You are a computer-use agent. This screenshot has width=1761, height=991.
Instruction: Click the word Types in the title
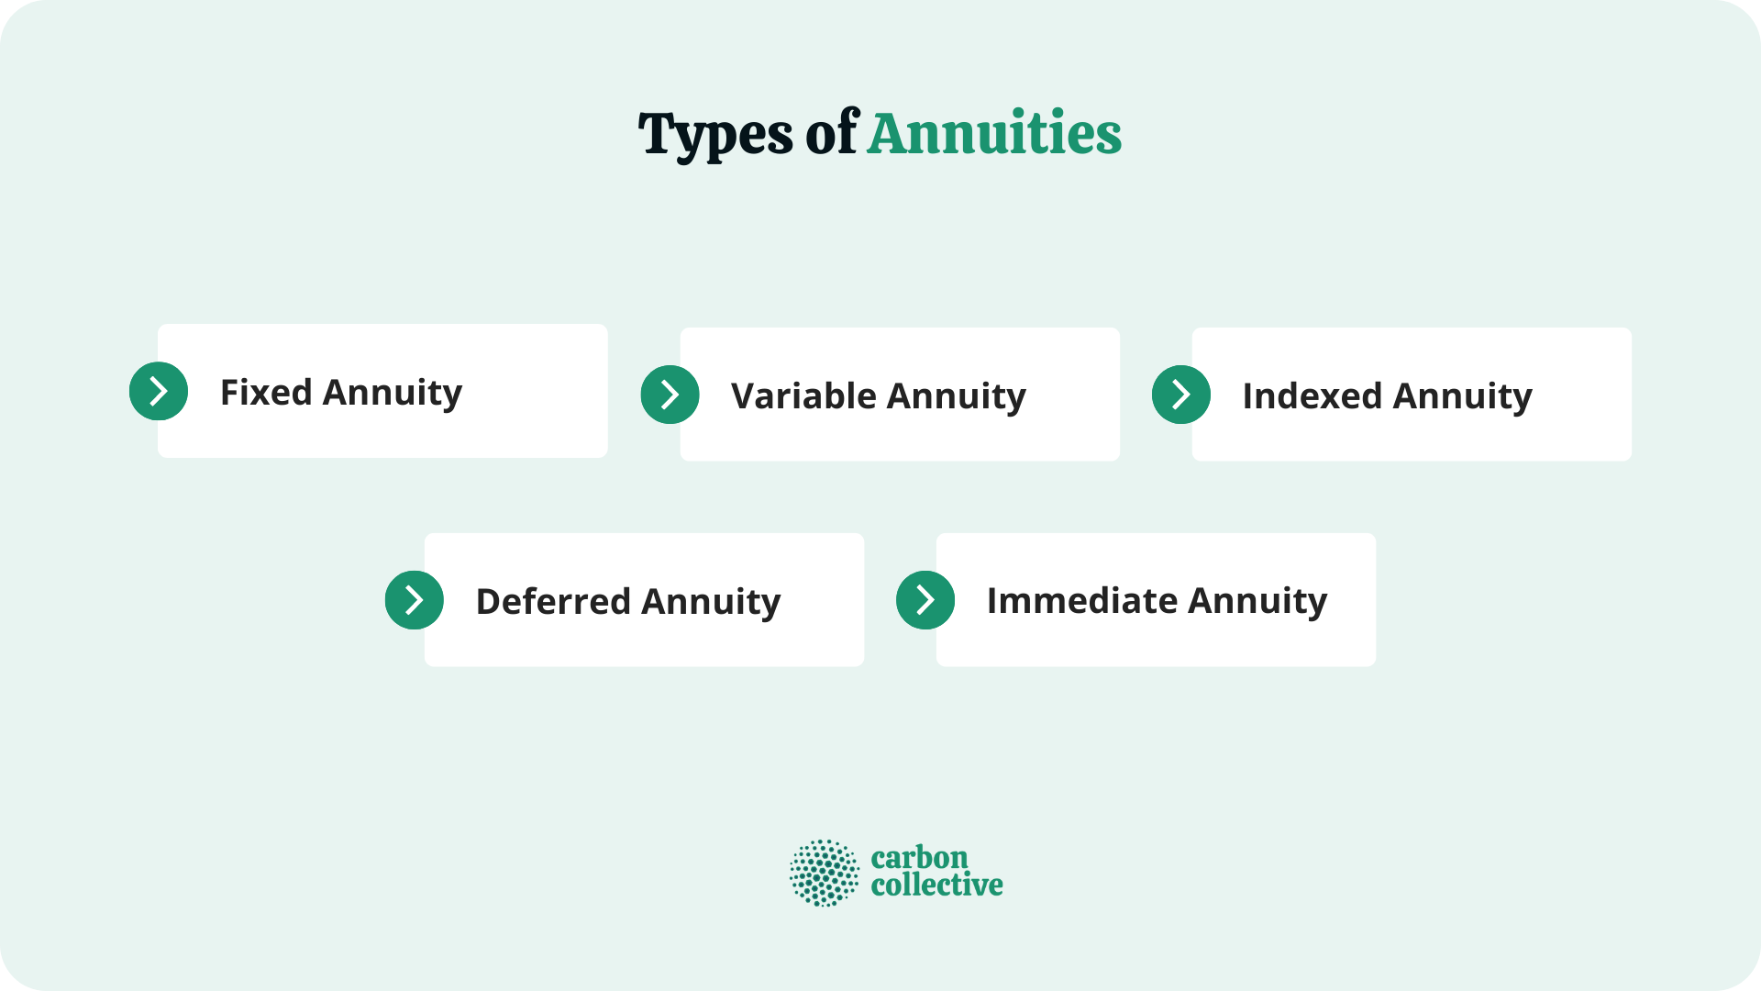[x=715, y=135]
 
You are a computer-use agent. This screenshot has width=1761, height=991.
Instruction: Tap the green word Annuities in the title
[x=994, y=133]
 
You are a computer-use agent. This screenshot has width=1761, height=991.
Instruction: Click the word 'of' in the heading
[x=832, y=133]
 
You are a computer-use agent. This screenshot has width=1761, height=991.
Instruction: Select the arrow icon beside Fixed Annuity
[x=159, y=392]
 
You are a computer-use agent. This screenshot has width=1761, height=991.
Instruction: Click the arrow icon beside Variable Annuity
[x=670, y=395]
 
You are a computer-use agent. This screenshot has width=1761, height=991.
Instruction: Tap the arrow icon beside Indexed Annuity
[x=1181, y=395]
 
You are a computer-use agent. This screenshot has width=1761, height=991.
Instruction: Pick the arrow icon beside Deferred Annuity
[x=415, y=600]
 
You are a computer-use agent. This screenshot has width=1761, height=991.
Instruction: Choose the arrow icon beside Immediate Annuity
[x=925, y=600]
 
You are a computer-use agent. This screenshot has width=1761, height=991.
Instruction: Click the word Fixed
[x=266, y=392]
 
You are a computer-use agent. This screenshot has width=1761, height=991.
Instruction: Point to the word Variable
[x=803, y=395]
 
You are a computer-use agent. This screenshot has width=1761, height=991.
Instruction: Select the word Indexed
[x=1312, y=395]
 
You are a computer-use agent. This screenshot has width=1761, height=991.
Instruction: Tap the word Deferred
[x=553, y=601]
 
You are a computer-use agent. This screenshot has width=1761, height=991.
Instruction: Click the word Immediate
[x=1081, y=600]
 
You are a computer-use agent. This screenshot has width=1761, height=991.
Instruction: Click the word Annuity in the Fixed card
[x=393, y=393]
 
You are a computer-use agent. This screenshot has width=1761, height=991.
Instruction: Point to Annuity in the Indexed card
[x=1463, y=396]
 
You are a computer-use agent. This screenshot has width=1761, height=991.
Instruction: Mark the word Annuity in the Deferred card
[x=711, y=602]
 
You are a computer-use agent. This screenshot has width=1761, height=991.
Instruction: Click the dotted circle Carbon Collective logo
[x=824, y=873]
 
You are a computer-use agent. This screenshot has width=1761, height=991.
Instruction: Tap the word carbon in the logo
[x=919, y=857]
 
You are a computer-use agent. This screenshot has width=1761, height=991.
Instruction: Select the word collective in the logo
[x=936, y=885]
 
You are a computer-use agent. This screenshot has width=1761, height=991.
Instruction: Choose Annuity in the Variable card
[x=957, y=396]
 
